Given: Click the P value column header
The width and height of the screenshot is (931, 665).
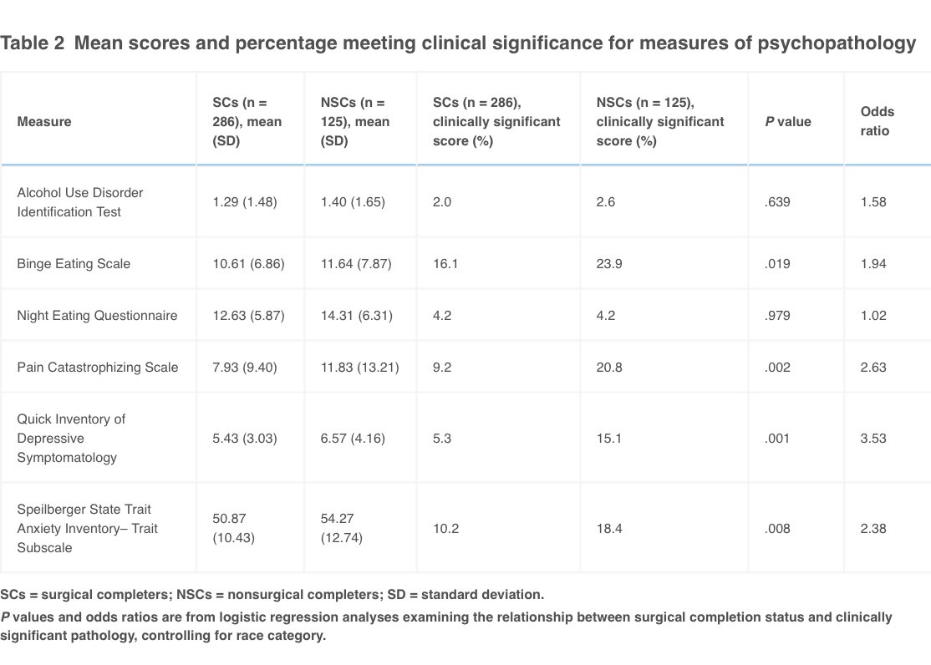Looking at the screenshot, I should coord(788,121).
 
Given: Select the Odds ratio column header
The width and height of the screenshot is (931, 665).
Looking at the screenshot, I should coord(878,121).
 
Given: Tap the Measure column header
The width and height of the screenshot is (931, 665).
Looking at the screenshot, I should coord(44,121).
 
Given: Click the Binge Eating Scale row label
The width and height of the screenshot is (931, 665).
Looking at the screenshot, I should coord(74,263).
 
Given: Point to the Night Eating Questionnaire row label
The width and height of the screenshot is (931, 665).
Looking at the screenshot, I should coord(96,315).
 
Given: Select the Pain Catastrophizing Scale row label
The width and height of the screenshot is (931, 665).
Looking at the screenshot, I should coord(98,367).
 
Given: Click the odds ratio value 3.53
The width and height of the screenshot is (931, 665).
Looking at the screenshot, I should coord(873,438).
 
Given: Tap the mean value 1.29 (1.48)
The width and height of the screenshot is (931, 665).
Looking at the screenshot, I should coord(244,202).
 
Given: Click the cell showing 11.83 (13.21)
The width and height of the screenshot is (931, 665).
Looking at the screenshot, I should coord(356,367).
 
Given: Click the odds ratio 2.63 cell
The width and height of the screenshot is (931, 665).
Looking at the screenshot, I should coord(873,367).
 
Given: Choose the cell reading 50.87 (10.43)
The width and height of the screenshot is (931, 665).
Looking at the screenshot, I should coord(233,528).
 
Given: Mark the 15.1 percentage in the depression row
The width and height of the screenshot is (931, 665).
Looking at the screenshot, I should coord(608,438).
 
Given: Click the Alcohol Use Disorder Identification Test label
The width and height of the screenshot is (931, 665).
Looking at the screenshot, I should coord(80,202).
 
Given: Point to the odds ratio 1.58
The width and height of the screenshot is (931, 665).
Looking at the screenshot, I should coord(873,202).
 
